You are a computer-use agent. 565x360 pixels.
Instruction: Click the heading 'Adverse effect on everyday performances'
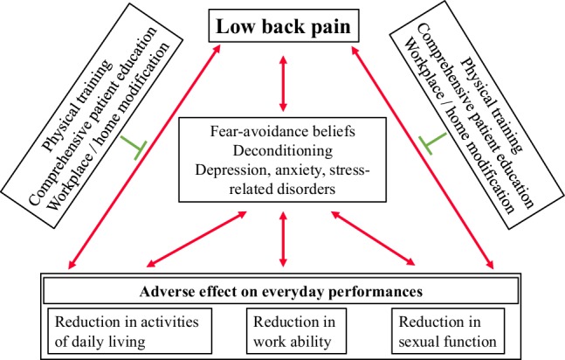[x=281, y=288]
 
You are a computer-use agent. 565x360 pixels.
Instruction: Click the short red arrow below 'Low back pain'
[x=283, y=80]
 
